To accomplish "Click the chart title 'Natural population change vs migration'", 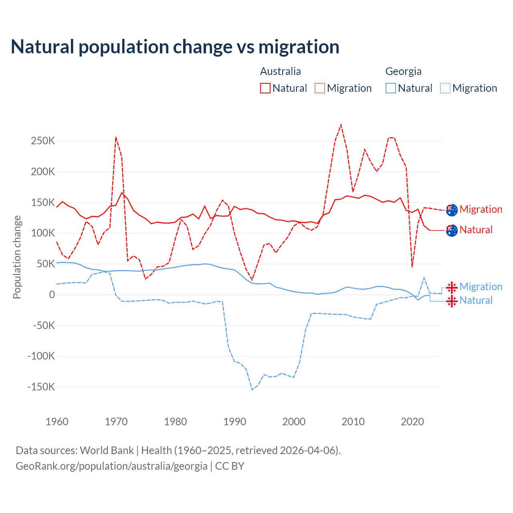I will click(x=175, y=47).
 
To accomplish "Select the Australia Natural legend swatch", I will click(x=265, y=88).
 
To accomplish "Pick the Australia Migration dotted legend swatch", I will click(x=320, y=88).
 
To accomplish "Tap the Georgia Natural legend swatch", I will click(x=391, y=88).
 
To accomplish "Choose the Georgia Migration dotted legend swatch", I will click(x=445, y=88).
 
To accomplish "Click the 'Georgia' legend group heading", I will click(x=403, y=71).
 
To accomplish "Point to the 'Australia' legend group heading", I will click(x=280, y=71).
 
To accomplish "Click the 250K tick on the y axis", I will click(x=43, y=141).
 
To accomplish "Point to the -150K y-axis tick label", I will click(x=41, y=387).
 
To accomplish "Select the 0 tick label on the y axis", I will click(x=52, y=295).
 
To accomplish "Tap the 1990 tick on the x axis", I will click(x=234, y=422).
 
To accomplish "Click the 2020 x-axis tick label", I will click(x=412, y=422).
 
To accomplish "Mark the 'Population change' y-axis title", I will click(x=17, y=257).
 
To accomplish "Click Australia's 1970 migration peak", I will click(x=116, y=137).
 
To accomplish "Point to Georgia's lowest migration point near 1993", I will click(x=252, y=389).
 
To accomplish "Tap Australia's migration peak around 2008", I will click(x=341, y=125).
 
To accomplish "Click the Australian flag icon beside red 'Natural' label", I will click(x=452, y=230).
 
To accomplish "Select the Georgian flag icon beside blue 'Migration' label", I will click(x=452, y=287).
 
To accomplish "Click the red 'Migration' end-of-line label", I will click(x=481, y=209).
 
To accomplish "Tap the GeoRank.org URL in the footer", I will click(x=111, y=466).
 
